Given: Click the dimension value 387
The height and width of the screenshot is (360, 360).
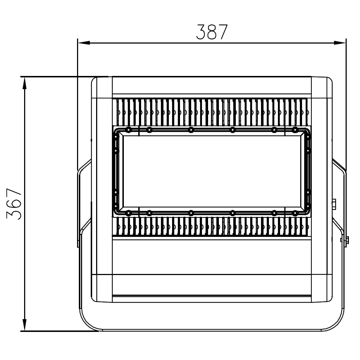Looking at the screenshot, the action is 212,32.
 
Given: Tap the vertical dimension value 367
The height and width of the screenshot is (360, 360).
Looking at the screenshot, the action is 14,204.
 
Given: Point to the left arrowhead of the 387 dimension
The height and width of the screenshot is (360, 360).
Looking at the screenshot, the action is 84,43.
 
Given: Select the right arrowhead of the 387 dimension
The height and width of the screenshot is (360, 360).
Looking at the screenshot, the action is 340,43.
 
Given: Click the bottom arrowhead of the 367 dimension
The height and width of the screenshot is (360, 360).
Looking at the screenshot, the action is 24,325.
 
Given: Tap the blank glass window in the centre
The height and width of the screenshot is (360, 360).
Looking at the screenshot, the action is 212,171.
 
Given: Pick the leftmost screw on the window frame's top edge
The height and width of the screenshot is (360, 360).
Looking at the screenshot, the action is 129,130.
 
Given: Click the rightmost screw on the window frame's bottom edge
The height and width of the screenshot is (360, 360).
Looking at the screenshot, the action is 295,213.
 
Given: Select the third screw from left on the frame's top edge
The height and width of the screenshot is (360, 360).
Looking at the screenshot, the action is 191,130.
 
